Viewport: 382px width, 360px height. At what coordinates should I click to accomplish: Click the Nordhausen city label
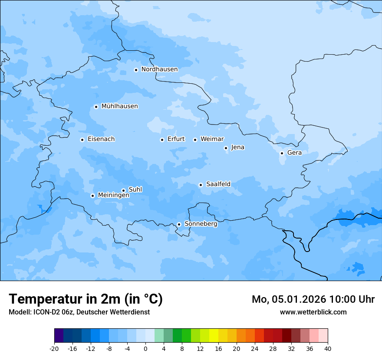click(x=159, y=69)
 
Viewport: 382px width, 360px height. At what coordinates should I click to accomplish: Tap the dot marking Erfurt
click(x=162, y=140)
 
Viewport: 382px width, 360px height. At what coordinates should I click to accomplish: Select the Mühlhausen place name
click(x=119, y=106)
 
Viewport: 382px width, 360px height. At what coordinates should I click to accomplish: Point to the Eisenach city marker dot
click(x=82, y=140)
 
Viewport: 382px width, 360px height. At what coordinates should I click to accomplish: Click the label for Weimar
click(x=212, y=139)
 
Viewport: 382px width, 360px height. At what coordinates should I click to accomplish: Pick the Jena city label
click(x=237, y=147)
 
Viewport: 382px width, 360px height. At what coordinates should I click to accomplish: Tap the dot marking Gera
click(x=282, y=153)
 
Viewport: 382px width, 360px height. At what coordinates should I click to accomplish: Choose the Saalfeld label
click(x=218, y=184)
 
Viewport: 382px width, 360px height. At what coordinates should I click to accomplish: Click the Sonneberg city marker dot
click(x=179, y=225)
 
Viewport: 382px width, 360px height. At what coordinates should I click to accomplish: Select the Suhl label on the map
click(x=135, y=190)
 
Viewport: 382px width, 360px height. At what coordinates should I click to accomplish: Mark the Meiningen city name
click(x=113, y=195)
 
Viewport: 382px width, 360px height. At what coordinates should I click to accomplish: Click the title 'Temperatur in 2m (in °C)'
click(x=86, y=299)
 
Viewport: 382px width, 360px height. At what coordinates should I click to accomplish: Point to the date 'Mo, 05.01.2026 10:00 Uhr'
click(x=313, y=299)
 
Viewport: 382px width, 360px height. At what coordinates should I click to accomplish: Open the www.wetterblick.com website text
click(x=313, y=312)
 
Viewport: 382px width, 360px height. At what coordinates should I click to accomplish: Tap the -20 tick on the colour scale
click(x=54, y=348)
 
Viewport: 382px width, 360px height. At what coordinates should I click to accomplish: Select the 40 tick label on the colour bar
click(x=327, y=348)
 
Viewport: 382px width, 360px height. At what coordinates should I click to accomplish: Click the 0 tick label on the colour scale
click(x=145, y=348)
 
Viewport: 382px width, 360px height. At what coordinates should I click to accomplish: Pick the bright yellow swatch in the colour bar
click(x=214, y=336)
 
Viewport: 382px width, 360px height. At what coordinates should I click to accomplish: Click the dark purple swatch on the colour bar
click(x=59, y=336)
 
